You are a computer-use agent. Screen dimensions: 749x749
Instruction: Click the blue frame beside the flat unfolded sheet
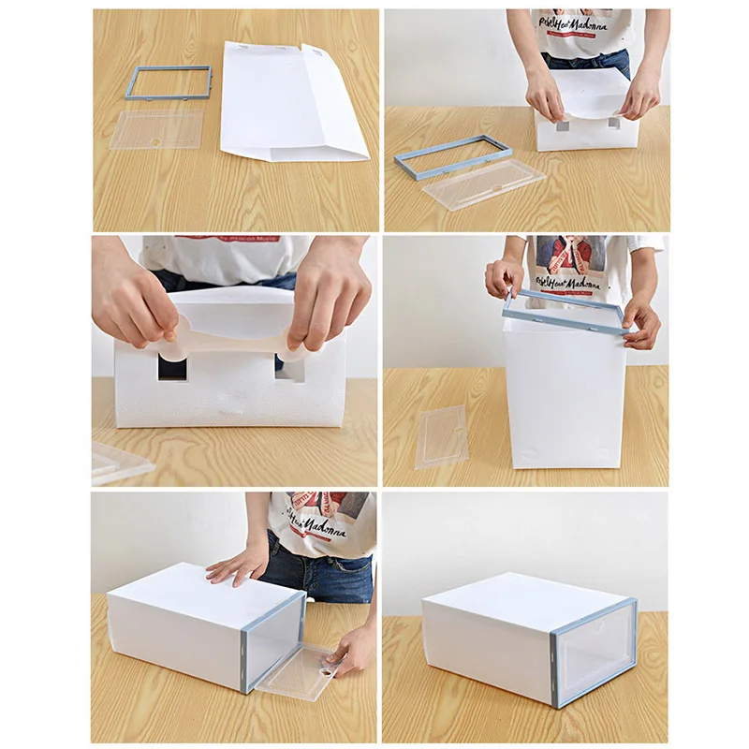pos(169,69)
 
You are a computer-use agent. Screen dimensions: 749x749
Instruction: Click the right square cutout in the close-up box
pos(289,367)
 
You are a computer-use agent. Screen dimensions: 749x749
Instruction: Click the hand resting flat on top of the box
pos(239,564)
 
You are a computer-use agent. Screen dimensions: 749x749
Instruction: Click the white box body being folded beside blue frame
pos(585,126)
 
